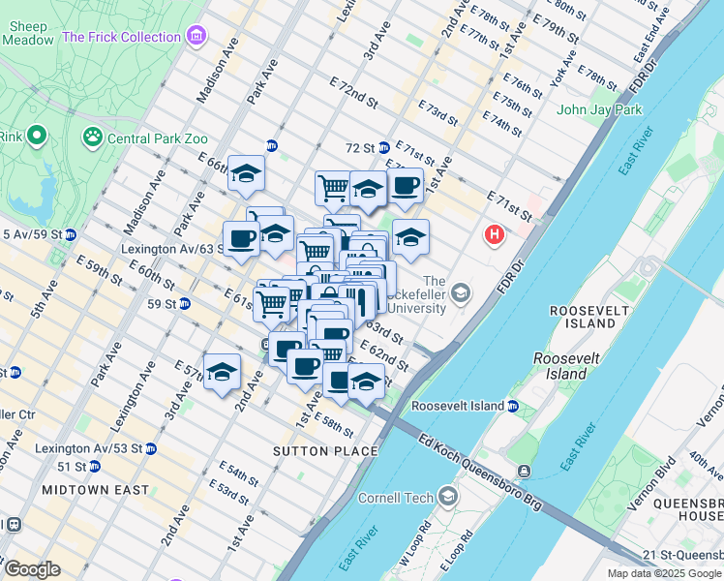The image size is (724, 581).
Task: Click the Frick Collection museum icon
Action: click(196, 37)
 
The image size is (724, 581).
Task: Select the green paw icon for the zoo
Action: click(93, 137)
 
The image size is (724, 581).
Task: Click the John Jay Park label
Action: click(599, 109)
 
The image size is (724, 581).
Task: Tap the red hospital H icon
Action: click(495, 234)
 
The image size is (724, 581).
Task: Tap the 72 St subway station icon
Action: click(383, 148)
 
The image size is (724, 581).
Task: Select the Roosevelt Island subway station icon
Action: click(513, 406)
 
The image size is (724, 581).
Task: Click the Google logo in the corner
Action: click(32, 568)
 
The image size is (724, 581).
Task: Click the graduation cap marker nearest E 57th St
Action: click(222, 372)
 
